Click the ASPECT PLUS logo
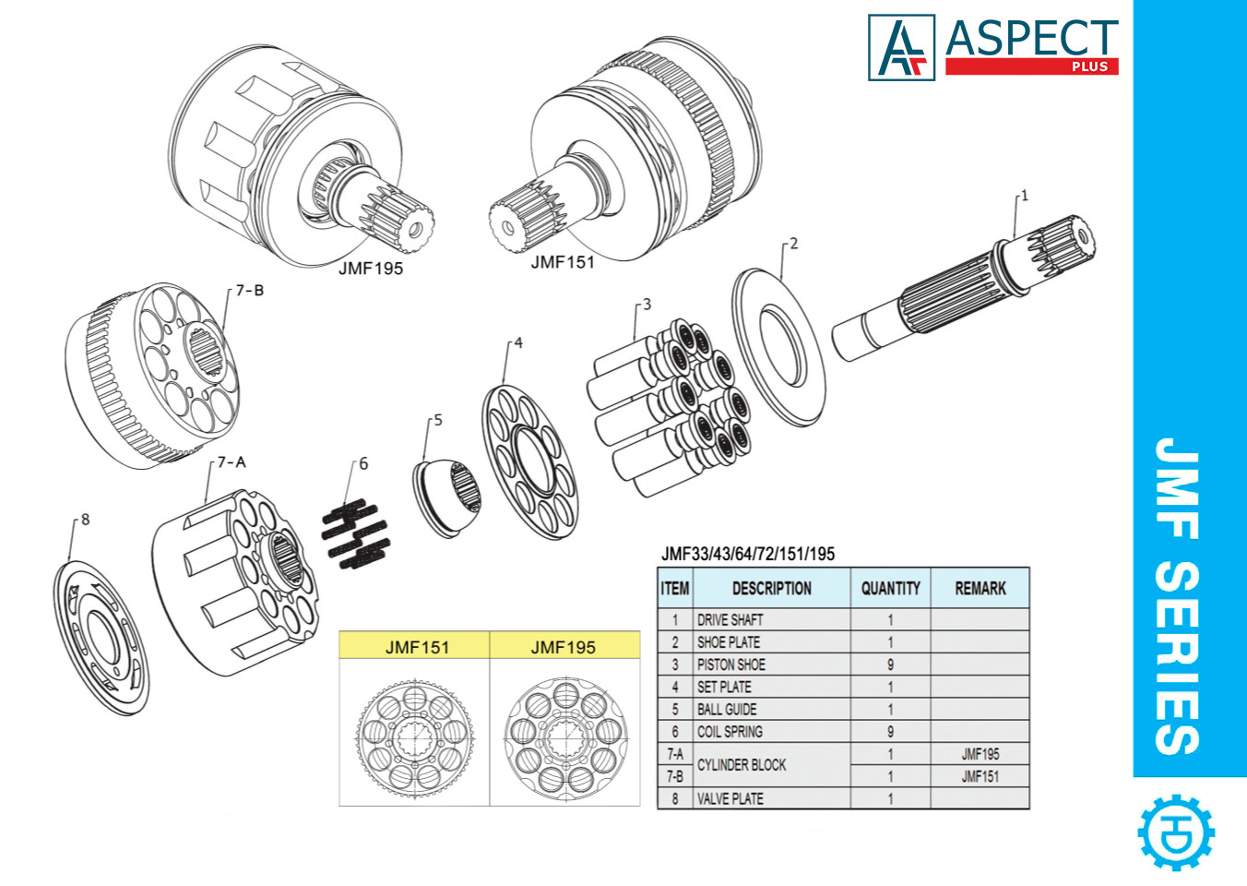(993, 47)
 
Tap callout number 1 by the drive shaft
(1024, 197)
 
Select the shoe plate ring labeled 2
(779, 346)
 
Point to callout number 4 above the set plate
(517, 343)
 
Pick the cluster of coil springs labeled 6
(356, 534)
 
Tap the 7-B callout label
(249, 291)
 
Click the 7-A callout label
(232, 462)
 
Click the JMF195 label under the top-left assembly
(371, 269)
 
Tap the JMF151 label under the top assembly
(563, 263)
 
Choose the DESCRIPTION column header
(771, 588)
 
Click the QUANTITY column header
(890, 588)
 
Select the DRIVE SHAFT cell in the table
(730, 619)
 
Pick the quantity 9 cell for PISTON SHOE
(890, 664)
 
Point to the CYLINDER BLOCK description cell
(742, 765)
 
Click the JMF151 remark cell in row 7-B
(980, 776)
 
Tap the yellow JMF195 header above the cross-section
(564, 647)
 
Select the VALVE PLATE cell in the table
(730, 798)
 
